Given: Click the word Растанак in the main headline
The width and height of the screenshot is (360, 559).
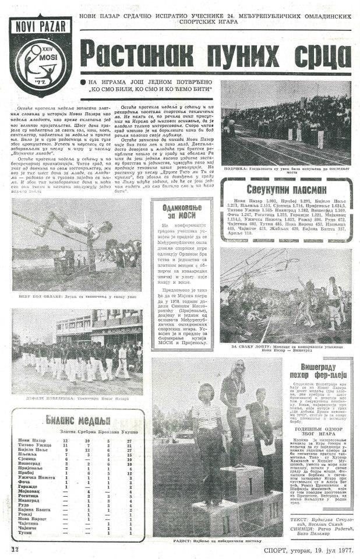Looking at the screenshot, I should coord(136,53).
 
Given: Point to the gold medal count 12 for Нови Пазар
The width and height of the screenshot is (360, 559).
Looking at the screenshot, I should coord(66,440).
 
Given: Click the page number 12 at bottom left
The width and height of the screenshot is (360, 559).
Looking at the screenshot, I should coord(15,548).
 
